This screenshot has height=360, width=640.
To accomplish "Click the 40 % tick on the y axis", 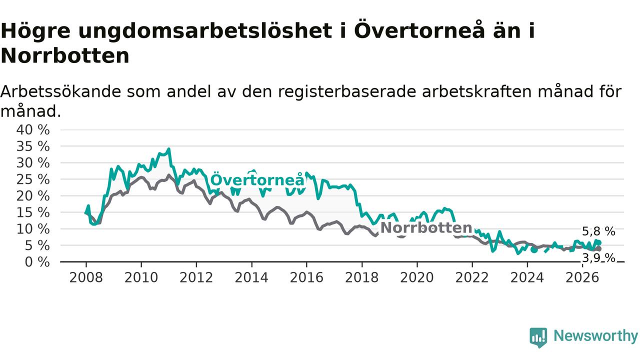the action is coord(33,130).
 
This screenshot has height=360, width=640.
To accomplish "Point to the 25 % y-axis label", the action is coord(33,180).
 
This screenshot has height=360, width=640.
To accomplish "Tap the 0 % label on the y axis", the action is coord(37,262).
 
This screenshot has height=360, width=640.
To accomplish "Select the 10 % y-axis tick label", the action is coord(33,229).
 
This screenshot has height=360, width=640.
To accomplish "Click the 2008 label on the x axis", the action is coord(86,277).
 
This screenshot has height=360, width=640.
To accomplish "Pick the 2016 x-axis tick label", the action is coord(306,277).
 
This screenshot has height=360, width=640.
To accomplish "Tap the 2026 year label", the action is coord(582,277).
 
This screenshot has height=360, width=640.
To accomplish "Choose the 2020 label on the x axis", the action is coord(417,277).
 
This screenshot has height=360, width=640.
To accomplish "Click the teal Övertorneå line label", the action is coord(257,179).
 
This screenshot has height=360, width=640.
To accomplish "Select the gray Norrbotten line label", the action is coord(426,227).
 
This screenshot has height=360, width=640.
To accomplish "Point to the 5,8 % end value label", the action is coord(598,231).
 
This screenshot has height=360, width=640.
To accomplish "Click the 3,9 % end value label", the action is coord(598,258).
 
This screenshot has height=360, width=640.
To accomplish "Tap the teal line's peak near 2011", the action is coord(169,149).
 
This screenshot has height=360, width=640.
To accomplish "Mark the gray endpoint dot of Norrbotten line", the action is coord(599,249).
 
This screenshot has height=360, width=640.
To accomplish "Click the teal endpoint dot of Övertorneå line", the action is coord(599,243).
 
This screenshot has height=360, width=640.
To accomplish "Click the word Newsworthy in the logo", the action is coord(595,336).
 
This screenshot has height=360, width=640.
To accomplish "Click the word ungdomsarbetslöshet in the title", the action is coord(205,31).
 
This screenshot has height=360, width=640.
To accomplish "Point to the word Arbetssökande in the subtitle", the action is coord(60,91).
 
